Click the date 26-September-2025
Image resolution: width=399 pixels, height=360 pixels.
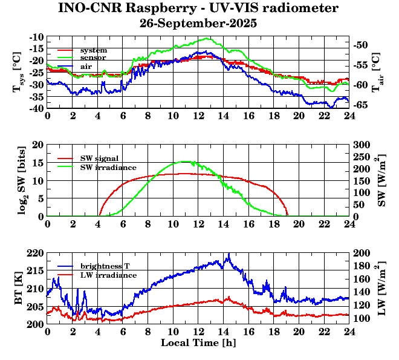click(x=198, y=24)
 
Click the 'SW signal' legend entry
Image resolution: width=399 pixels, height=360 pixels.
click(x=101, y=158)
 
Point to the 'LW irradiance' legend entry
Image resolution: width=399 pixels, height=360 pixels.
click(x=108, y=275)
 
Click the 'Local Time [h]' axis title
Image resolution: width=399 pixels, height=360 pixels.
click(x=198, y=342)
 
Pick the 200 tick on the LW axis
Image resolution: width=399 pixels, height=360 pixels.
click(x=363, y=252)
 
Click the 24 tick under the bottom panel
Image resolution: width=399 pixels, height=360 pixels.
click(x=349, y=333)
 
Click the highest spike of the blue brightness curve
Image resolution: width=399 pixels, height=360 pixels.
click(x=228, y=254)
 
